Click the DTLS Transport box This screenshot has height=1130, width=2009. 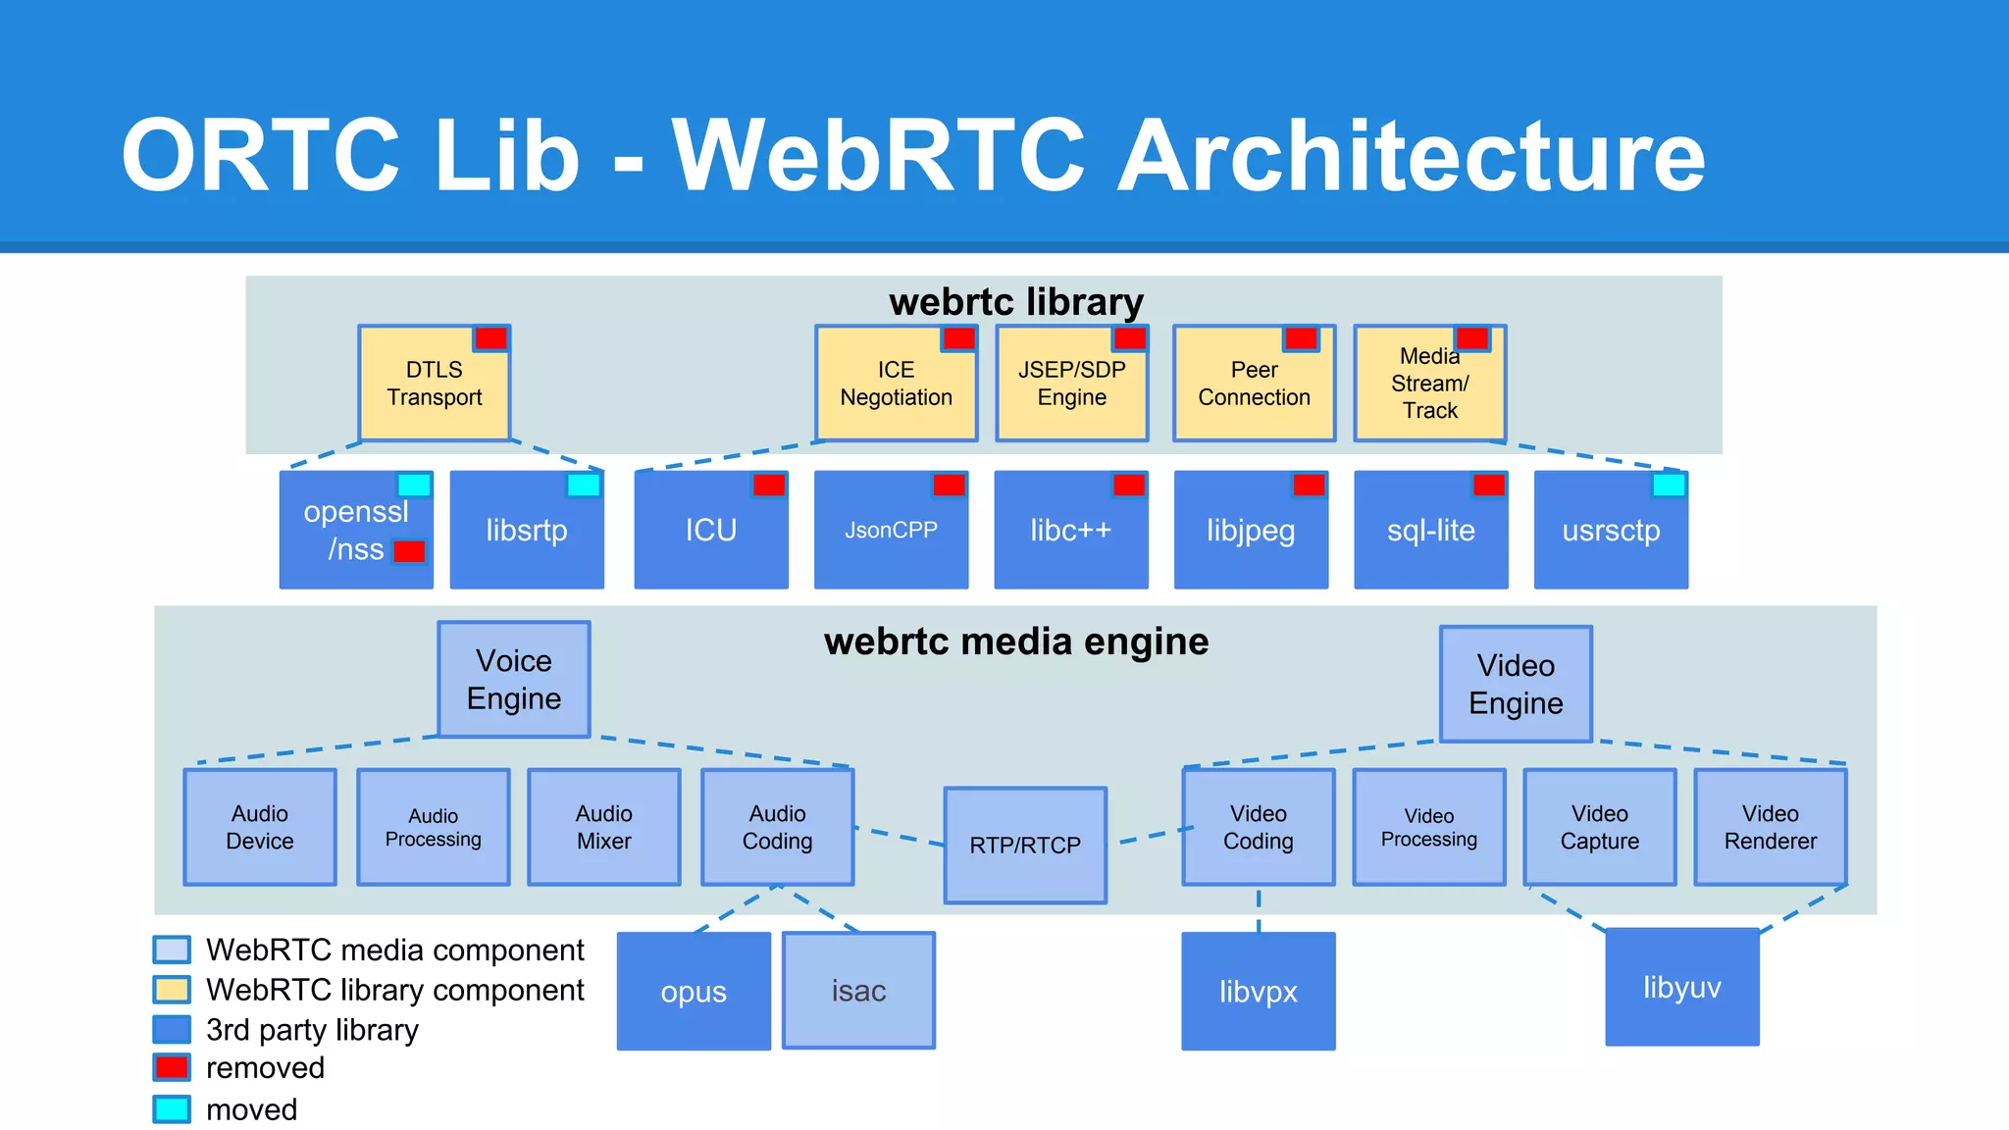(434, 384)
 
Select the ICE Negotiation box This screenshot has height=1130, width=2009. (896, 384)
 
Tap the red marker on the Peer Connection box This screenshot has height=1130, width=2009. (1301, 338)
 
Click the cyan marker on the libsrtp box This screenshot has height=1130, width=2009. (584, 485)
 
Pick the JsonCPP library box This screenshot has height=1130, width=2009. (891, 531)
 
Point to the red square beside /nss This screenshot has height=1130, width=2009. (409, 551)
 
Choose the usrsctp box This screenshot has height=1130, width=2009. (1611, 531)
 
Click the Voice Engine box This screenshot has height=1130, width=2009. (513, 679)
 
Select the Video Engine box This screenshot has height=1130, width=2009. (1516, 684)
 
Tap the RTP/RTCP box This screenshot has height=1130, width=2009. (1025, 845)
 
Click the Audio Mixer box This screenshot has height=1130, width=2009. (603, 827)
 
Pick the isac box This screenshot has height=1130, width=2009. (858, 991)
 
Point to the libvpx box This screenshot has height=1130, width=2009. (1258, 992)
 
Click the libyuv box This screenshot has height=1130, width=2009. (1681, 987)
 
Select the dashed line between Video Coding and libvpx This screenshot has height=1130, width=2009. (1259, 909)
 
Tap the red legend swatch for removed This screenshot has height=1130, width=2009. (172, 1067)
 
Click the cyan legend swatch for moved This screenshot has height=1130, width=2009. (172, 1109)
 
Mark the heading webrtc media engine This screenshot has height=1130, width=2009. (1016, 642)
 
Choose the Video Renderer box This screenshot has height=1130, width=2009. (1770, 827)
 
